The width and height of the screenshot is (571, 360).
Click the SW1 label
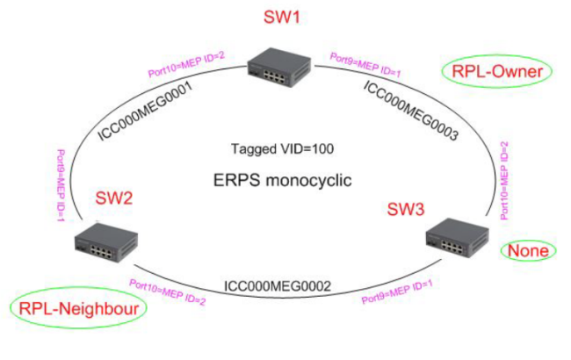pyautogui.click(x=281, y=17)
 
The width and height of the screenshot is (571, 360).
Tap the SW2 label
pyautogui.click(x=113, y=198)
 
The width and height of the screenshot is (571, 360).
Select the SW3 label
pyautogui.click(x=406, y=209)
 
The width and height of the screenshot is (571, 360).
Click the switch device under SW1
pyautogui.click(x=279, y=68)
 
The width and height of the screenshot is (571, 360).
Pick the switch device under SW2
pyautogui.click(x=106, y=242)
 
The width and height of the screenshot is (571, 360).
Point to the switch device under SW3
pyautogui.click(x=458, y=237)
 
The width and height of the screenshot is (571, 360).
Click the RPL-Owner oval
pyautogui.click(x=496, y=71)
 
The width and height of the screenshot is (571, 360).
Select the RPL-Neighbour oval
pyautogui.click(x=78, y=308)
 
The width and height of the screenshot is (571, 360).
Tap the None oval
pyautogui.click(x=528, y=251)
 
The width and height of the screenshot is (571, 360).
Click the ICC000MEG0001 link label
pyautogui.click(x=145, y=111)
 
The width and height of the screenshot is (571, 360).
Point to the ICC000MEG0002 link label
pyautogui.click(x=278, y=286)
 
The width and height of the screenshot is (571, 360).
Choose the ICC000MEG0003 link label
pyautogui.click(x=411, y=111)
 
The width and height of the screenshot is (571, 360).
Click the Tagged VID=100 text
pyautogui.click(x=282, y=149)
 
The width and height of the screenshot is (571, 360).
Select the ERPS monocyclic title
pyautogui.click(x=282, y=180)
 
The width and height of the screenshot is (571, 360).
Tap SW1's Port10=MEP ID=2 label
pyautogui.click(x=186, y=64)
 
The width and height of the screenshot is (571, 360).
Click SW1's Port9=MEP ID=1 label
pyautogui.click(x=365, y=65)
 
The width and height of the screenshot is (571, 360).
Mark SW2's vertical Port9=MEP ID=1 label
pyautogui.click(x=61, y=185)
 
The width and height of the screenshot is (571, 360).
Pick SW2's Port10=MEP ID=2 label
pyautogui.click(x=168, y=292)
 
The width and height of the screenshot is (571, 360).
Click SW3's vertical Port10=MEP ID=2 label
pyautogui.click(x=504, y=181)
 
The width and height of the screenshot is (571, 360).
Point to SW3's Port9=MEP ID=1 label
pyautogui.click(x=397, y=292)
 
